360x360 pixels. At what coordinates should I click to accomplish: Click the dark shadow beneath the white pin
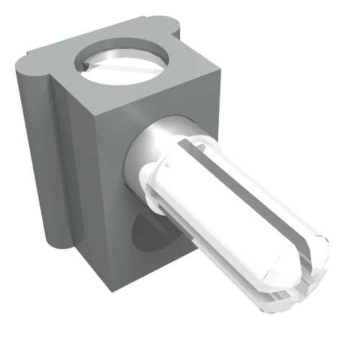coord(148,234)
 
